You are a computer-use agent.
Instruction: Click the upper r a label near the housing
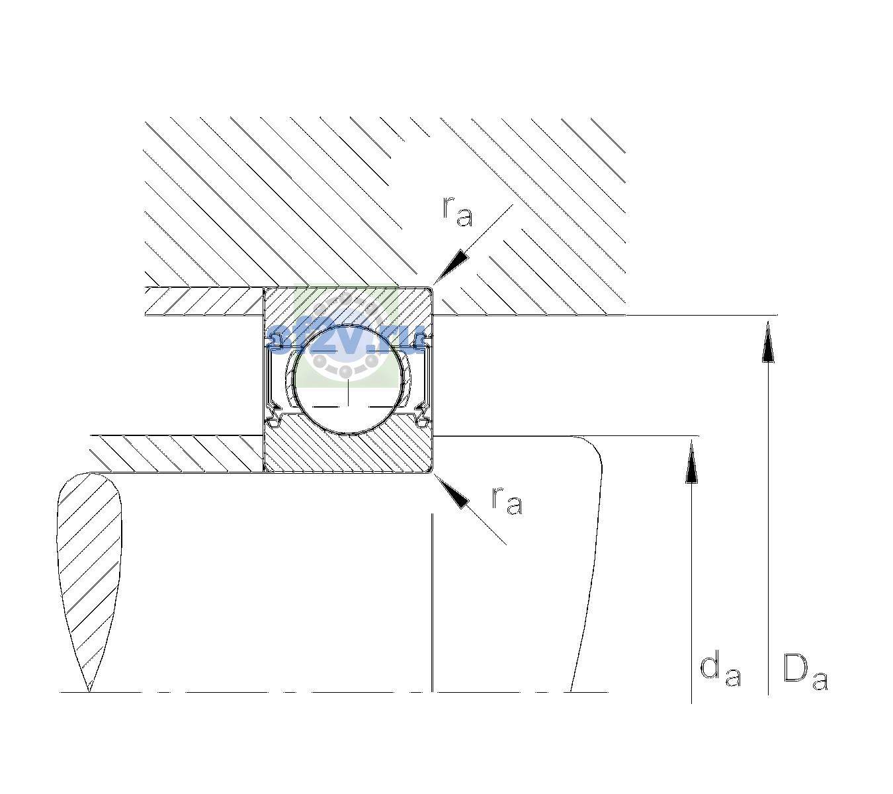point(458,212)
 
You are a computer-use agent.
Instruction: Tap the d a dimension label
point(720,668)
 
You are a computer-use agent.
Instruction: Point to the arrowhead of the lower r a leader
point(451,491)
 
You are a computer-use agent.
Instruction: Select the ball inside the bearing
point(348,380)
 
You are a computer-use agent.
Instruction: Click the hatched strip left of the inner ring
point(177,454)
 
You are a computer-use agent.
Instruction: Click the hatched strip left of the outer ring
point(204,302)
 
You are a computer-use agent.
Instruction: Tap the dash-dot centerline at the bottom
point(333,692)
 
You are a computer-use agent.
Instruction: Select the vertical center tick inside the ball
point(348,392)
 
